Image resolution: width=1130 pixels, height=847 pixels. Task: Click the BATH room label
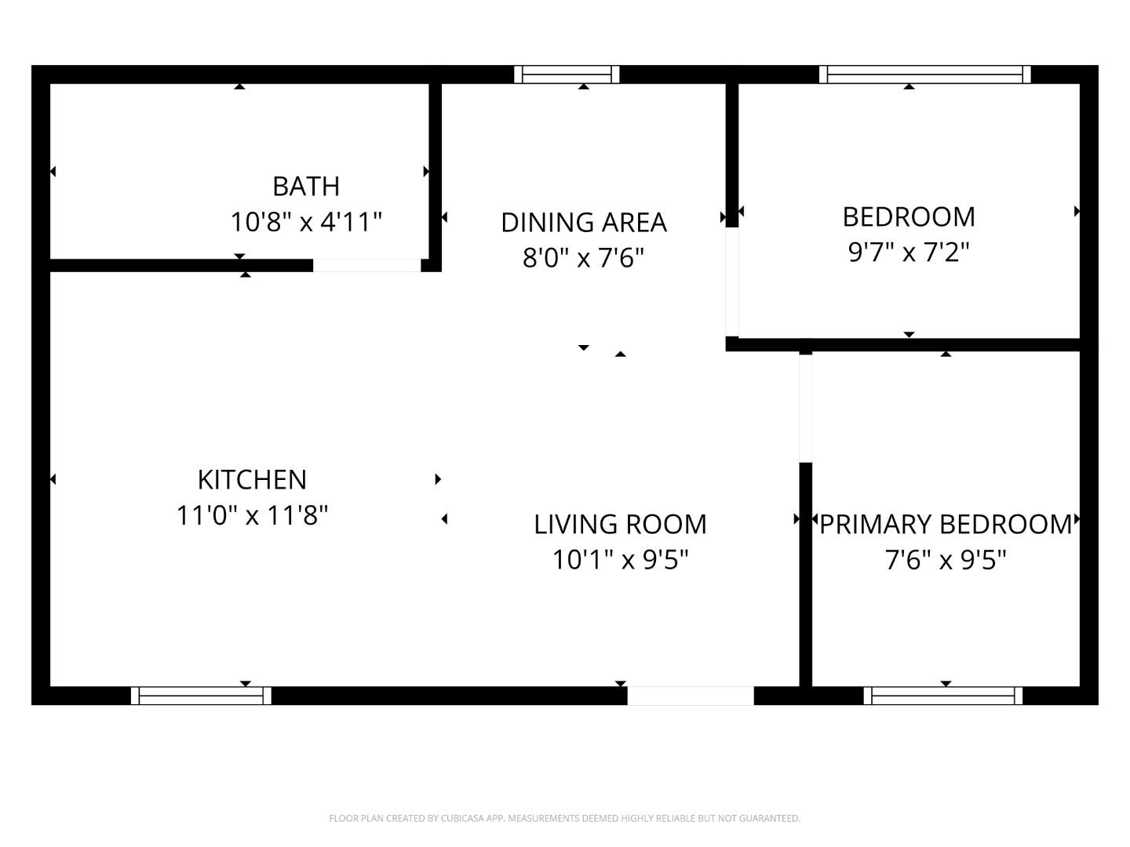306,187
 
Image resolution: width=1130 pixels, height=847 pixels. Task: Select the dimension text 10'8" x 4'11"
306,222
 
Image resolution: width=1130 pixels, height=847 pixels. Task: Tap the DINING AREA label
584,223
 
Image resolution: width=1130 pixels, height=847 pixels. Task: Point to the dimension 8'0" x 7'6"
584,257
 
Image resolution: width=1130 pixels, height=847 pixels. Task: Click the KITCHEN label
252,480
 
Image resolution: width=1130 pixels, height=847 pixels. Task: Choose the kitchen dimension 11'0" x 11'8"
252,516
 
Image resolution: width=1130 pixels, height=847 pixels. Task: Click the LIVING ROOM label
620,525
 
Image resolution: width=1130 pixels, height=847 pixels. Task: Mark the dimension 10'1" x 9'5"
620,560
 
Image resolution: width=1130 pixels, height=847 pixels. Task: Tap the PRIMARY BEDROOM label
946,525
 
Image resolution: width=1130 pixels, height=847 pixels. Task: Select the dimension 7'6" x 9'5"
946,560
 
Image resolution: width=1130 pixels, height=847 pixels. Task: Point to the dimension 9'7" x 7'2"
909,253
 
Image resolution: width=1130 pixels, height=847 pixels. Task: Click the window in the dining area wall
567,75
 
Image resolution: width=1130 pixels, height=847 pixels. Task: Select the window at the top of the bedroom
925,75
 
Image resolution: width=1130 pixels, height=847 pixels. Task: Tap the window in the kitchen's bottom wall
201,696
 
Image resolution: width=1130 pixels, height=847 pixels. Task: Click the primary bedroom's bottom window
943,696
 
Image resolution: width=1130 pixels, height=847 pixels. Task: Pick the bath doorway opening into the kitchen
366,266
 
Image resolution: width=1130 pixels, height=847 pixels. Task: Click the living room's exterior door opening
691,696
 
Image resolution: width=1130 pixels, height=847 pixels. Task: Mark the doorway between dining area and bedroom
731,282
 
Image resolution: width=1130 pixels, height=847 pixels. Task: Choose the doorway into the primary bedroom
805,408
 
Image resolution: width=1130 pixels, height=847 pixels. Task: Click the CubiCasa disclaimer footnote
564,819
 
